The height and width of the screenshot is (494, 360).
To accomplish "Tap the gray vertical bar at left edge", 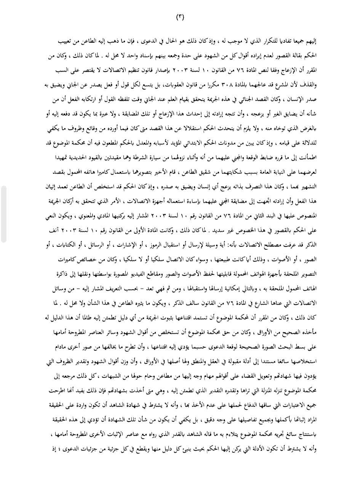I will pos(3,214).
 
